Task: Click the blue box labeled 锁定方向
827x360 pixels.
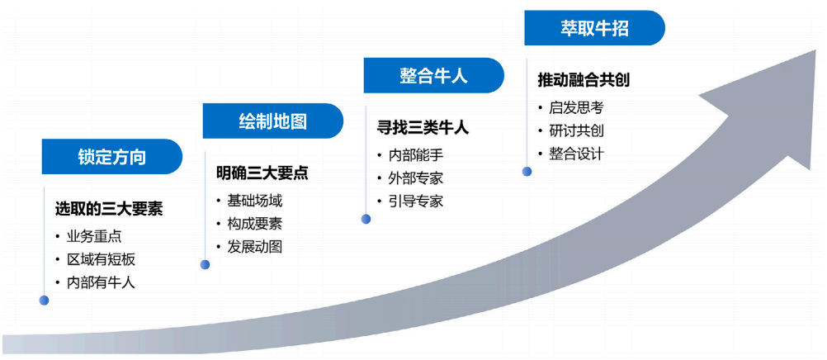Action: coord(112,157)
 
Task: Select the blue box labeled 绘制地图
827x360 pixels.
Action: coord(273,121)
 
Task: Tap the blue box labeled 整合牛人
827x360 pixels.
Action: coord(434,76)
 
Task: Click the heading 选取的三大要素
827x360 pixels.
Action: coord(109,209)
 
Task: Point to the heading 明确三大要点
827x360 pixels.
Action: coord(262,173)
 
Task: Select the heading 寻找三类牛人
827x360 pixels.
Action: coord(423,128)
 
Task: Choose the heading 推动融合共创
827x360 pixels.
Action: coord(584,81)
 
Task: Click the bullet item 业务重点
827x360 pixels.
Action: coord(94,236)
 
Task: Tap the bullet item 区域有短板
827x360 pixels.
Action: coord(101,259)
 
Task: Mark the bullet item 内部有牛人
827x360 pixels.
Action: coord(101,282)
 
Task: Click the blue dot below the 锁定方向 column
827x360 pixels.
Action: coord(44,301)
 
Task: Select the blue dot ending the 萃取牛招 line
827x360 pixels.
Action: coord(527,172)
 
